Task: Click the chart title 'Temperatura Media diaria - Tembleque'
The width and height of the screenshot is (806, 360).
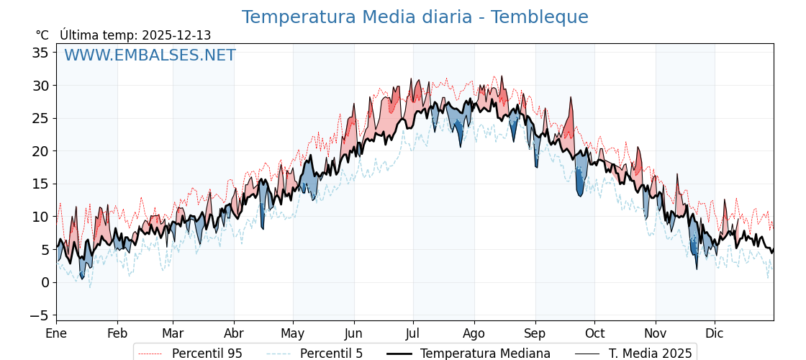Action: [x=415, y=17]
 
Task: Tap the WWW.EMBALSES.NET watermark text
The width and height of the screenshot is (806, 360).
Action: [x=150, y=55]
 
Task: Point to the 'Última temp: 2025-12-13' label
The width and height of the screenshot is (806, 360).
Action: [x=135, y=35]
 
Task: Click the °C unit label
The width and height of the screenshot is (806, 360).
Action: [x=42, y=35]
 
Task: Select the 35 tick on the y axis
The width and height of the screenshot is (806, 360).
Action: [x=40, y=53]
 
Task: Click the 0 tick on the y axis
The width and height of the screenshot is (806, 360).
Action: [x=45, y=282]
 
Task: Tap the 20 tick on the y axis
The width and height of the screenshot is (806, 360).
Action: [x=40, y=151]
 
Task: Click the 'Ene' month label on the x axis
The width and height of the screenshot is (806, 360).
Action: [x=56, y=333]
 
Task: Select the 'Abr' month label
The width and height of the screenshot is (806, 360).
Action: [x=234, y=333]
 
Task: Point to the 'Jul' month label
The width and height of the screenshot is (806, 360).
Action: [x=413, y=333]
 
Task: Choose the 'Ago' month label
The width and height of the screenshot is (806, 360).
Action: [x=474, y=333]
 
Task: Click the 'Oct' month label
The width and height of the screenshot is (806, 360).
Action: [x=594, y=333]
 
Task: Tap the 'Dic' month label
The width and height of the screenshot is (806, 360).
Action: [x=715, y=333]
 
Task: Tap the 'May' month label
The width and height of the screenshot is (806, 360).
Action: [x=293, y=333]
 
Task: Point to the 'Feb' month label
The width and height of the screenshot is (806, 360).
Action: [x=117, y=333]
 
